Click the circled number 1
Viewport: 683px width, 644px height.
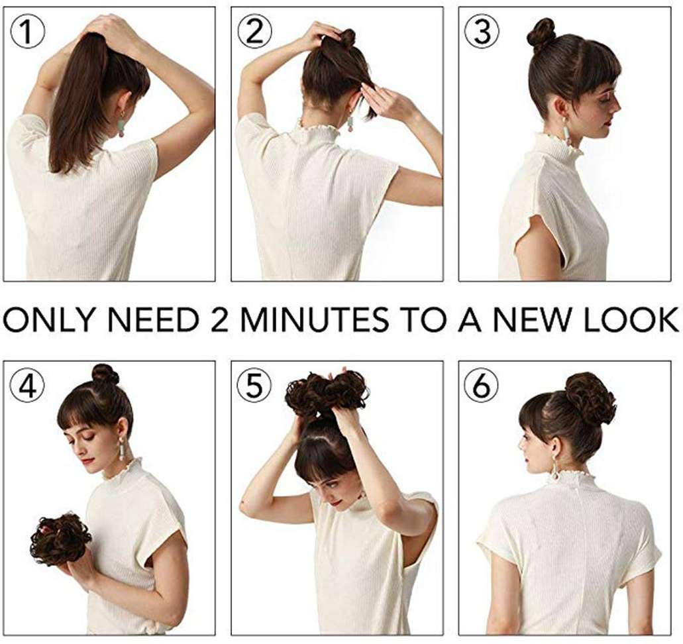[27, 32]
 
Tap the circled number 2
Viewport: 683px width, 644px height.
[255, 32]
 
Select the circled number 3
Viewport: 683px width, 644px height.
[482, 32]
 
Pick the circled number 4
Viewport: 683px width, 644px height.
[27, 387]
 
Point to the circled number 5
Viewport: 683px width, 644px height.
[254, 387]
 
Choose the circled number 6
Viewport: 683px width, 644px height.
[482, 387]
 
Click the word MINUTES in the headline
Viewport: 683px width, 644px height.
[314, 320]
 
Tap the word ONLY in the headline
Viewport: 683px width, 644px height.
[49, 320]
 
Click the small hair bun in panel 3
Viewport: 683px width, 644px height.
[542, 32]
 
